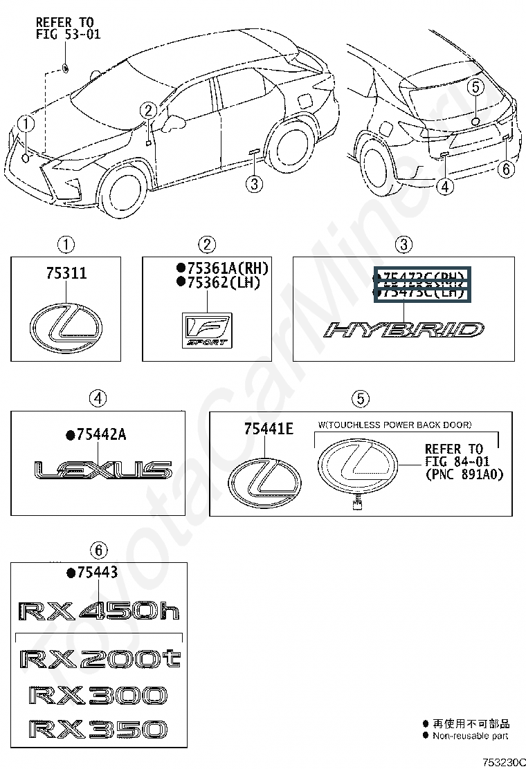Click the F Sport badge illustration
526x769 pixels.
[x=204, y=331]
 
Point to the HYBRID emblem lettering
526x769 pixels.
[x=404, y=330]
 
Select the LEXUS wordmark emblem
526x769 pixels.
[x=103, y=472]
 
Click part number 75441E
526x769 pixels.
[x=268, y=429]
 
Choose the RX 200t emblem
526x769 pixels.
[x=100, y=659]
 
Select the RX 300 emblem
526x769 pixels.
[x=98, y=695]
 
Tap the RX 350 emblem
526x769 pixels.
[x=98, y=729]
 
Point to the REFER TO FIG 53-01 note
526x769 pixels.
[x=68, y=28]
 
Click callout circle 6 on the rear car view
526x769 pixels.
[x=507, y=169]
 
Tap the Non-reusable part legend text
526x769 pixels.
[x=471, y=736]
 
